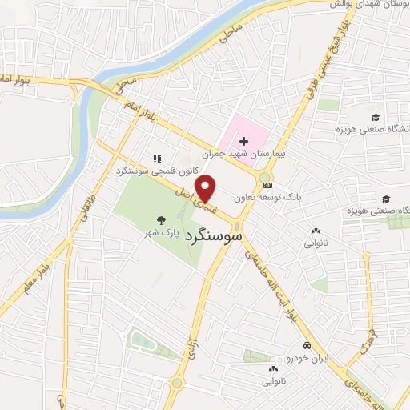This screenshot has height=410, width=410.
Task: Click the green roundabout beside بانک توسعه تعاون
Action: coord(264,178)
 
